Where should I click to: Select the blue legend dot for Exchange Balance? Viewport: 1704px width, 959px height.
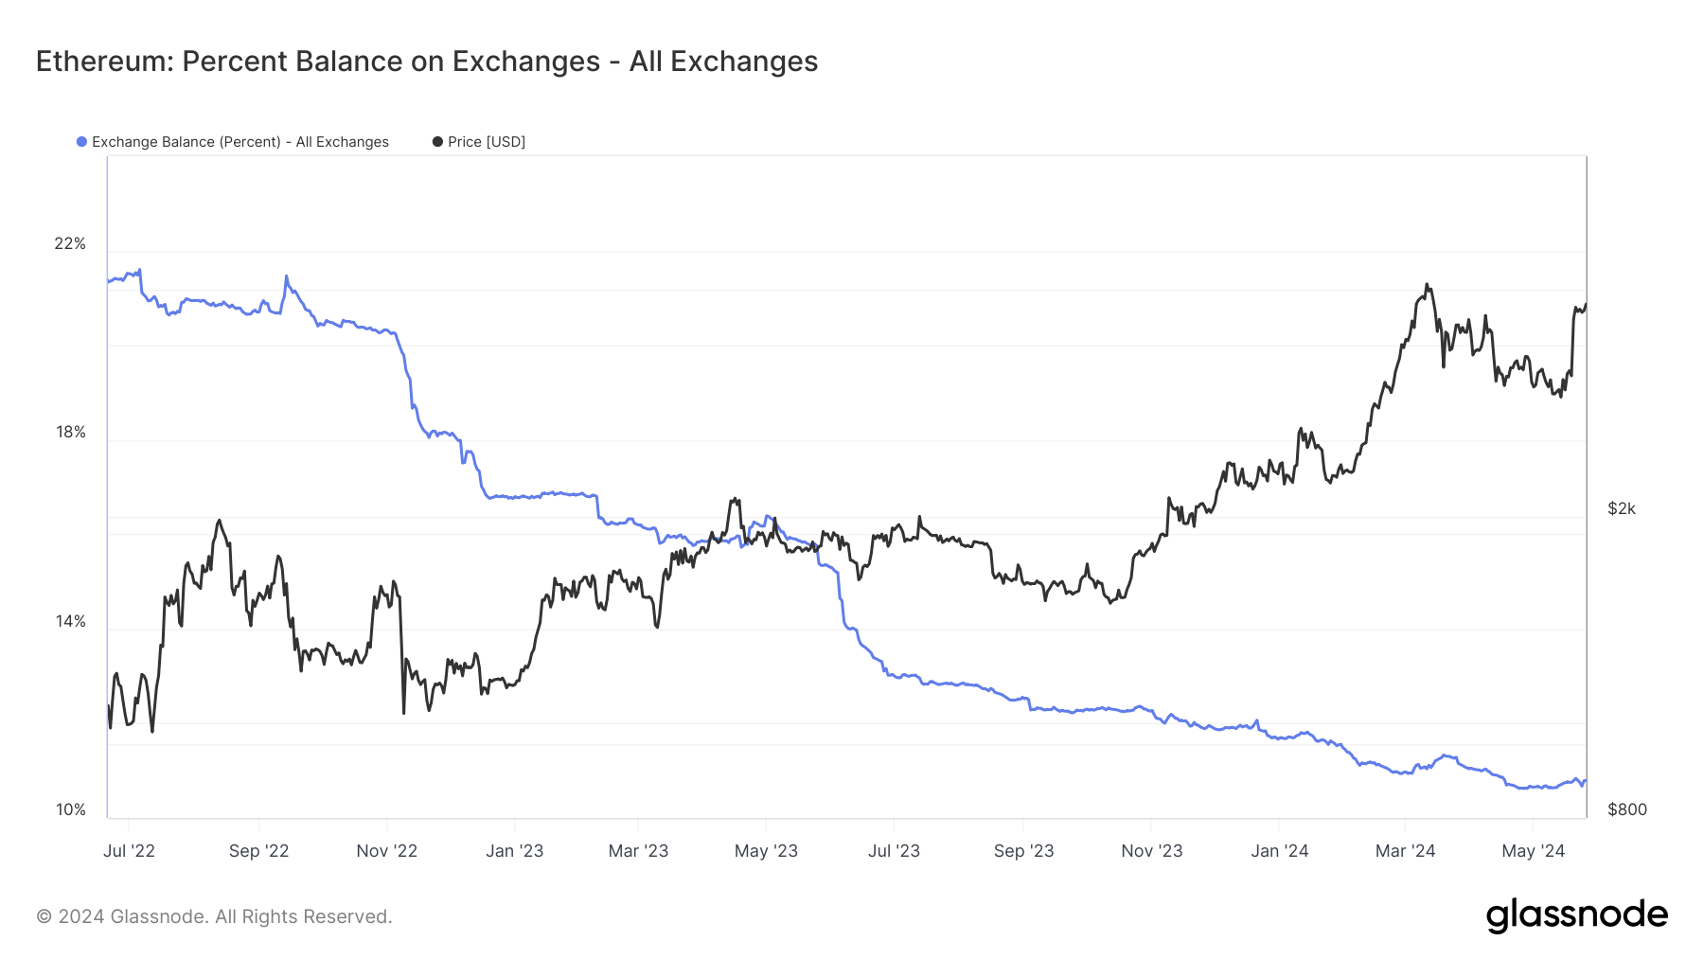(82, 142)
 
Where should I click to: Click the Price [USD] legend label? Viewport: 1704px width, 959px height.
(486, 142)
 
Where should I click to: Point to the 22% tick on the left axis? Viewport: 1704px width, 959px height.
(70, 244)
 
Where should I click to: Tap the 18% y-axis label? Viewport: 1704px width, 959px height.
(70, 433)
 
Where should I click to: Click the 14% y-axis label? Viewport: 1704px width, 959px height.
(70, 622)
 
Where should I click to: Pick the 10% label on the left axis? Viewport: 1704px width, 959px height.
(70, 810)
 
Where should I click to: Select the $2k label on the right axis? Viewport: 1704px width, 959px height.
(1621, 509)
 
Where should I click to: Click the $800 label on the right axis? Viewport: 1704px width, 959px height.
(1626, 810)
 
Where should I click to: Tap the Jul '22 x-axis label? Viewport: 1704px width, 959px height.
(129, 851)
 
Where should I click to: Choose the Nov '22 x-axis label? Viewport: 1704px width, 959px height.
(386, 851)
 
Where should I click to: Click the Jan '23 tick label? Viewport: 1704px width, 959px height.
(514, 851)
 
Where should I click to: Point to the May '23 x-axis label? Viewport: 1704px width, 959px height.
(766, 851)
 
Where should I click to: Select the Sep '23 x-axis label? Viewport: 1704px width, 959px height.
(1023, 851)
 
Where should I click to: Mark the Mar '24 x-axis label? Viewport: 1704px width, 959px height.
(1405, 851)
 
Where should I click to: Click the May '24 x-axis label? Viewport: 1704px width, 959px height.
(1533, 851)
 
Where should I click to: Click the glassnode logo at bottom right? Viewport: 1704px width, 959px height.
(1576, 915)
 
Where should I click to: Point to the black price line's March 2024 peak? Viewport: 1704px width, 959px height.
(1427, 284)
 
